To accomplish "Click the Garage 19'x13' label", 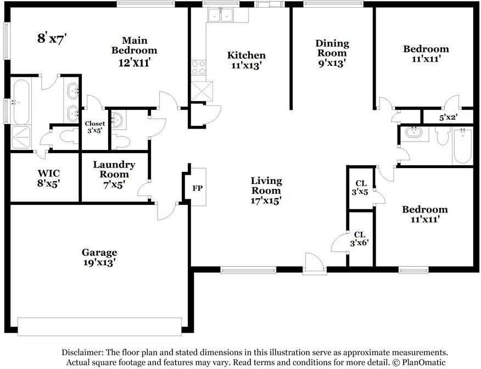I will (x=99, y=258).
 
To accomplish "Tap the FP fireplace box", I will (x=197, y=188).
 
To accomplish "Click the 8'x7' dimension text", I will (x=52, y=38).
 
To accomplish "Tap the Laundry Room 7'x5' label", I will (x=114, y=175).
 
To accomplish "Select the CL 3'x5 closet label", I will (x=361, y=188).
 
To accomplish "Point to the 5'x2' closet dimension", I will (x=448, y=118).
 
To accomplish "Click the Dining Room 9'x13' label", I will (x=332, y=53).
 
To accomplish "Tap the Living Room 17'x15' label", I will (x=266, y=190).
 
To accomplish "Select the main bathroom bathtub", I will (x=21, y=102).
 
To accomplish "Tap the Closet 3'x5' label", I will (x=94, y=127).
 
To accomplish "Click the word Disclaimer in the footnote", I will (x=83, y=353).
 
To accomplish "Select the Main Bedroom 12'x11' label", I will (x=135, y=51).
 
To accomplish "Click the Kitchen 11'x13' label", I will (x=247, y=60).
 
